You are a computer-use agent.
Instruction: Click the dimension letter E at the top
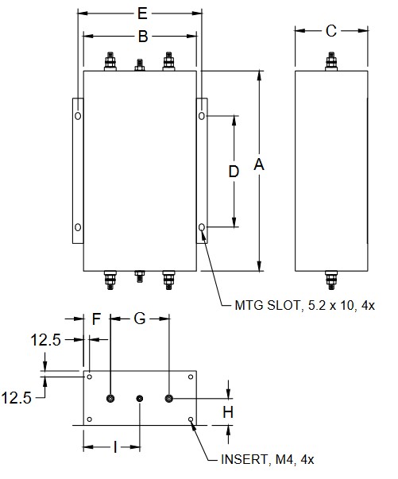143,14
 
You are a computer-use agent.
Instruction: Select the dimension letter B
143,37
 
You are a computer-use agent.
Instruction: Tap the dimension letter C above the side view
331,31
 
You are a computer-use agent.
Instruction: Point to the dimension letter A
259,164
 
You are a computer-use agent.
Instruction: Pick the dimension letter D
234,172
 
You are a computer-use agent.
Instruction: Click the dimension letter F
97,319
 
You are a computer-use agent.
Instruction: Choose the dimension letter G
140,319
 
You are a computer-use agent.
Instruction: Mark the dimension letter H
228,412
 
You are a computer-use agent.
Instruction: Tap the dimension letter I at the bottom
115,447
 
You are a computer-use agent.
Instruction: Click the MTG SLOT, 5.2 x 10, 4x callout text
304,305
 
